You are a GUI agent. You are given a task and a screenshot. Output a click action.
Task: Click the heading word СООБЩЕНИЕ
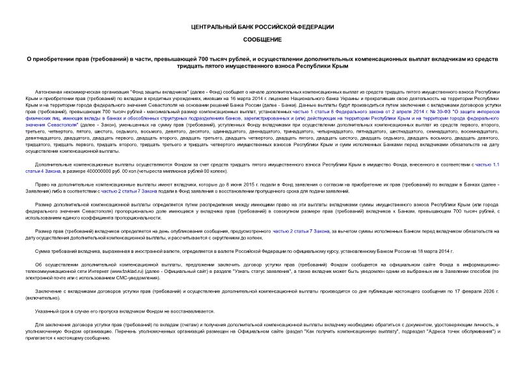tap(262, 40)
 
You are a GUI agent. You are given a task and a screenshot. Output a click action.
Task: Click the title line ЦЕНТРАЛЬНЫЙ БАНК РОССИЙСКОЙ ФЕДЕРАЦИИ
tap(262, 26)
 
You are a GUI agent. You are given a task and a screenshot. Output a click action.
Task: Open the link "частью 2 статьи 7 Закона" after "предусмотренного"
tap(303, 231)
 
